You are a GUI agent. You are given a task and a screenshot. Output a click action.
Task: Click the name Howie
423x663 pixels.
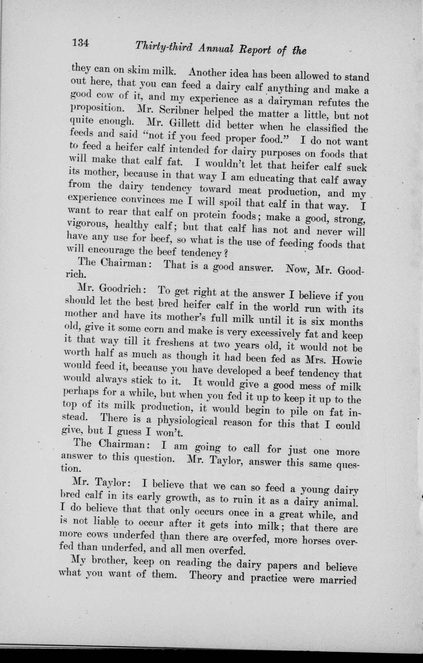347,359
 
